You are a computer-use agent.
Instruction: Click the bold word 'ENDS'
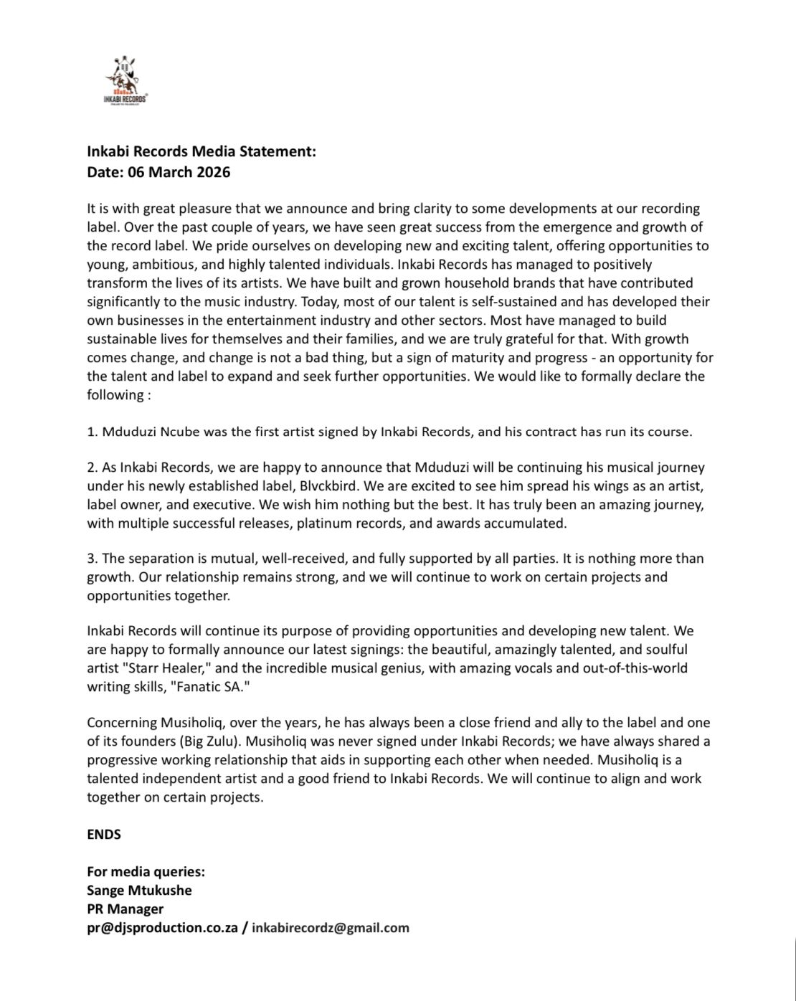(104, 834)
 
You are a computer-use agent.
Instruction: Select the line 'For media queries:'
(146, 872)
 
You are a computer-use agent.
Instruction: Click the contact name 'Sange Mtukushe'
(139, 891)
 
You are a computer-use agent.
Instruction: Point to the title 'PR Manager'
(125, 909)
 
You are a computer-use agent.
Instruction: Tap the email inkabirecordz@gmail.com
(331, 928)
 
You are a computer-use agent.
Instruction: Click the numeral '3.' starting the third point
(92, 559)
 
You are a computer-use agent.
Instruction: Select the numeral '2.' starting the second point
(92, 468)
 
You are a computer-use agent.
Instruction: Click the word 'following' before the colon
(114, 395)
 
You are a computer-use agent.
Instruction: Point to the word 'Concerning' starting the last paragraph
(118, 723)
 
